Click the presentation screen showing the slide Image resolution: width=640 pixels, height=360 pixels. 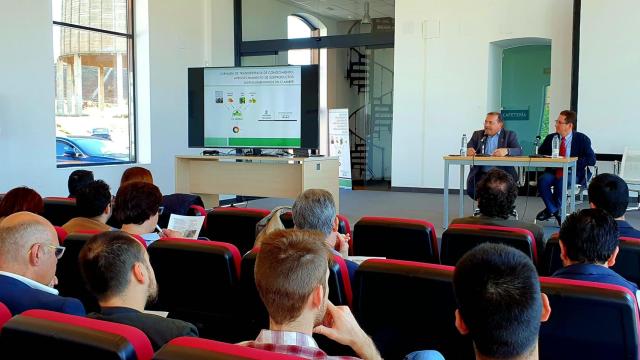click(x=252, y=107)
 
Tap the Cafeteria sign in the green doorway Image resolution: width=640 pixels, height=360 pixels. click(x=515, y=115)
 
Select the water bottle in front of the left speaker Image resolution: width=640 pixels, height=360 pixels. click(x=463, y=145)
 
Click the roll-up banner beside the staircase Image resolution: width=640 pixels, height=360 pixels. click(x=340, y=145)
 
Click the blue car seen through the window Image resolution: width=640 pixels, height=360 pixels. click(x=85, y=150)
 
